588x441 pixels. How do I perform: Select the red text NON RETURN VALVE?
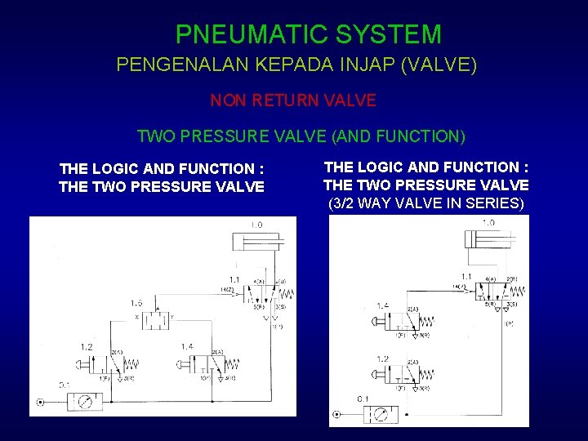click(x=293, y=100)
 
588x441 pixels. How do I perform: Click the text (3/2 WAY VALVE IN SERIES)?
click(x=425, y=203)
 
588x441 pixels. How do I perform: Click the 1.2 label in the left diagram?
click(x=87, y=347)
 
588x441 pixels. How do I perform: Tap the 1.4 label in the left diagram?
click(x=187, y=347)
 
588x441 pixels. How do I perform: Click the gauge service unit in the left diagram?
click(x=84, y=401)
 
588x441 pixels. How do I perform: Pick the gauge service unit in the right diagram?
click(x=381, y=415)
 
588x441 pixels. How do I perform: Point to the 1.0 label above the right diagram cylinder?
click(x=488, y=222)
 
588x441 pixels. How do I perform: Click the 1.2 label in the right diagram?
click(x=382, y=359)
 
